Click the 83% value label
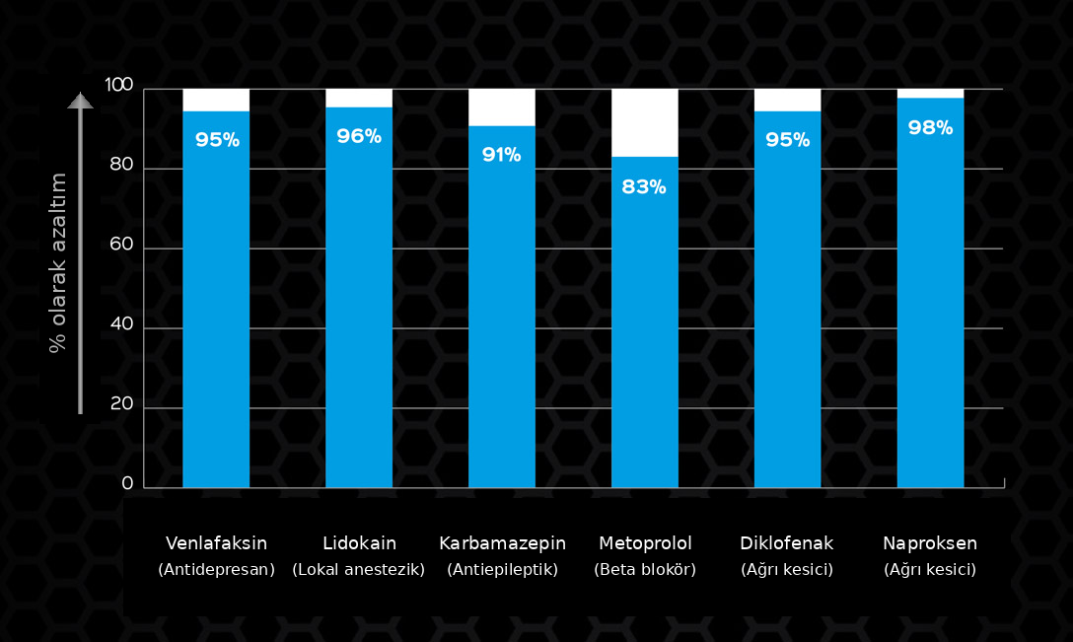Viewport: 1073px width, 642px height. pos(644,186)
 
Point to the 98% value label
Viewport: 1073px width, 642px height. pos(930,127)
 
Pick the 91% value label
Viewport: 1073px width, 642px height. pos(501,155)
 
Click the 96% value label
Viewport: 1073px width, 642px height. pos(359,136)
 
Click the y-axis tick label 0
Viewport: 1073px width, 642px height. pos(127,483)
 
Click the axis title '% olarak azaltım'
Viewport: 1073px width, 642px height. pos(58,262)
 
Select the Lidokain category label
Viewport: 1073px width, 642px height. pos(359,543)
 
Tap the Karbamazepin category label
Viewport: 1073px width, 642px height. pos(502,543)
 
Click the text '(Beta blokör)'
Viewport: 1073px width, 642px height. pos(645,569)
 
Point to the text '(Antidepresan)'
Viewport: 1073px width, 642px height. pos(216,569)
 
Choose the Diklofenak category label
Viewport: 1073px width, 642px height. pos(787,543)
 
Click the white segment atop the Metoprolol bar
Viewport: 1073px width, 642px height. pos(645,122)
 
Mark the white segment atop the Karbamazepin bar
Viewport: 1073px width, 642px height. pos(502,107)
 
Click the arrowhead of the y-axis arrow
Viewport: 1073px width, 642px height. pos(80,100)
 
